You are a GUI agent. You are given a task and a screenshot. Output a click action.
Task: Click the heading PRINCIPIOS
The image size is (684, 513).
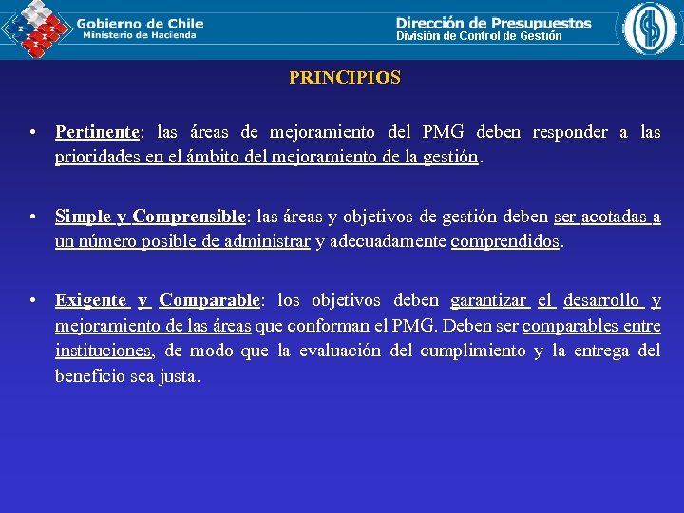345,78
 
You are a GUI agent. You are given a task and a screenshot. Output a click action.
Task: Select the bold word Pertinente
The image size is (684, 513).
97,132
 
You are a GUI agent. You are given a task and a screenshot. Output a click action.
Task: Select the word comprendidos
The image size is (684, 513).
505,241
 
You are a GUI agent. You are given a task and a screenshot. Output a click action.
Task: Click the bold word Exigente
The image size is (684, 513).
90,300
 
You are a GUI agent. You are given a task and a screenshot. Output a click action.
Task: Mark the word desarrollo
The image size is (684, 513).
601,300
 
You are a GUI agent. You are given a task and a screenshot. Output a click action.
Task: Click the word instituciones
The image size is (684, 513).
104,351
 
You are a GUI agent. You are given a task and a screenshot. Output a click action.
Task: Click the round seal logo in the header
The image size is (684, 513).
651,28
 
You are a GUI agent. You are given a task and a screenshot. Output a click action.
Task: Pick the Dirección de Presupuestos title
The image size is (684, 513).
493,22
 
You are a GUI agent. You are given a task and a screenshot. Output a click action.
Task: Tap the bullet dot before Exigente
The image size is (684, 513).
33,301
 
